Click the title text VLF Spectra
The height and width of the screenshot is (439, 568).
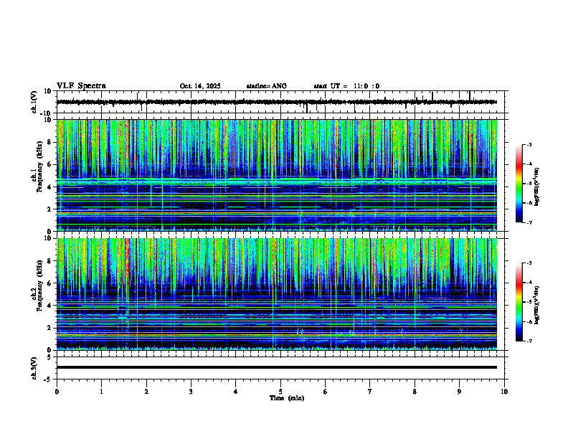click(81, 86)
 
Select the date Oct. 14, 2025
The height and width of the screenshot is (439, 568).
click(200, 86)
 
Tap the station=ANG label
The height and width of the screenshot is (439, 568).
click(266, 86)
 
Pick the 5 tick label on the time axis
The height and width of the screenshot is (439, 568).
click(280, 392)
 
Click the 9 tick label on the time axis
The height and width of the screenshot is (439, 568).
click(460, 392)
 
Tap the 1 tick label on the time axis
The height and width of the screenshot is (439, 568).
click(101, 392)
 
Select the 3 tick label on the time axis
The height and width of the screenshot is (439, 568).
click(191, 392)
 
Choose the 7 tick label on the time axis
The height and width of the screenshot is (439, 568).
click(370, 392)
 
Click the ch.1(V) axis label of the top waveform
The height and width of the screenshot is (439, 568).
click(34, 102)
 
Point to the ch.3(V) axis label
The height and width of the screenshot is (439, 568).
click(34, 367)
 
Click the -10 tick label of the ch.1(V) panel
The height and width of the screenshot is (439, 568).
click(47, 113)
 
